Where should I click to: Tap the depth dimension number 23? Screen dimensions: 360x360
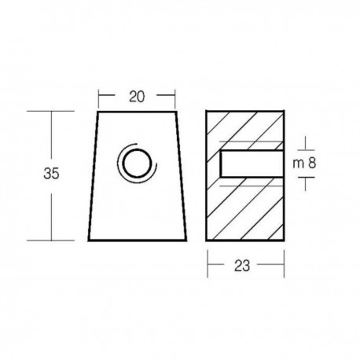pos(244,266)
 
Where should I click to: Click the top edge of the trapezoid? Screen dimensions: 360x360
pos(136,112)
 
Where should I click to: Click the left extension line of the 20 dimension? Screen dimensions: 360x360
pos(99,97)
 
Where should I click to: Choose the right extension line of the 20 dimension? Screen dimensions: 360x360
pos(173,97)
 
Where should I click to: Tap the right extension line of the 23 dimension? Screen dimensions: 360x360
pos(281,262)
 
